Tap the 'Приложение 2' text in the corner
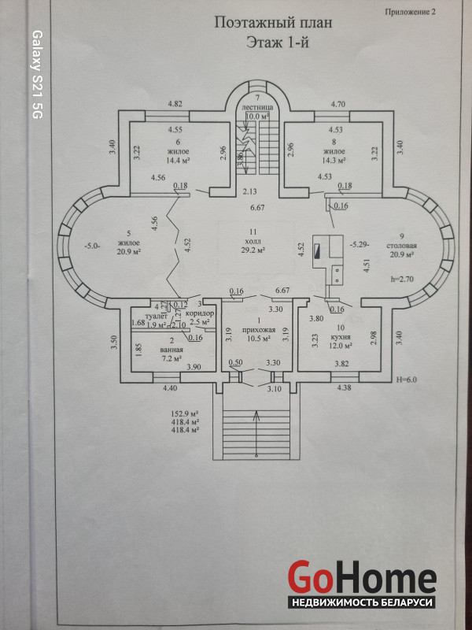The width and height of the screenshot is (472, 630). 409,12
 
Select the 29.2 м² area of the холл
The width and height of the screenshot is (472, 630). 252,250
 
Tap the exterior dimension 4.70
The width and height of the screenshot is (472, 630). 338,104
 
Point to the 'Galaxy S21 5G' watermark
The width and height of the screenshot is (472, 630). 36,75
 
